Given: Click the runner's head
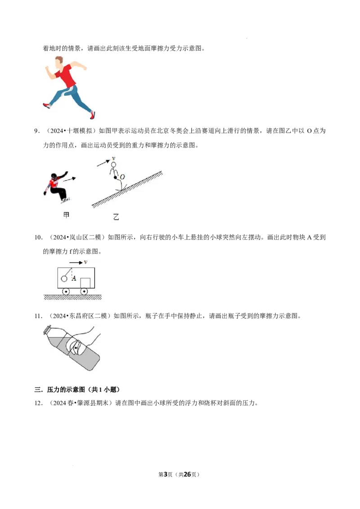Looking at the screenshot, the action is coord(59,62).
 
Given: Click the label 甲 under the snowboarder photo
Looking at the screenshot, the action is coord(66,215).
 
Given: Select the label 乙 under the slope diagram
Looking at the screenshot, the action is coord(116,217).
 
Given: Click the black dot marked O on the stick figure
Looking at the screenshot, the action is coord(115,177).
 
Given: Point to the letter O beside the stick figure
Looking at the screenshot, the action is coord(122,177).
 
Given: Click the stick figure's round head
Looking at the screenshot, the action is coord(113,165).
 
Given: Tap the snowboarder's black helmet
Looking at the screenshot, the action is coord(54,176).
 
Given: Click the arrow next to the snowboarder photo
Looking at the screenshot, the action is coord(69,179).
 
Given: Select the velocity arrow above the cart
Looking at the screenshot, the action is coord(76,263).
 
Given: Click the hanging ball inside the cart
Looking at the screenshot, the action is coord(64,278).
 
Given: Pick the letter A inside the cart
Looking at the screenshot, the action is coord(74,278).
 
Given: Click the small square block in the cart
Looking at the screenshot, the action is coord(85,283).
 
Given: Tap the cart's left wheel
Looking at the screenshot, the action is coord(66,291).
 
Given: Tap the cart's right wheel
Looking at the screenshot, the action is coord(84,291).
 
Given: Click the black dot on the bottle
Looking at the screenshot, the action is coord(76,348).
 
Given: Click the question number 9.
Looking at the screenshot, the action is coord(37,131).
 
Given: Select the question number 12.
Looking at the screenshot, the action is coord(38,403).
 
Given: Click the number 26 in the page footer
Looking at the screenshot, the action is coord(187,474).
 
